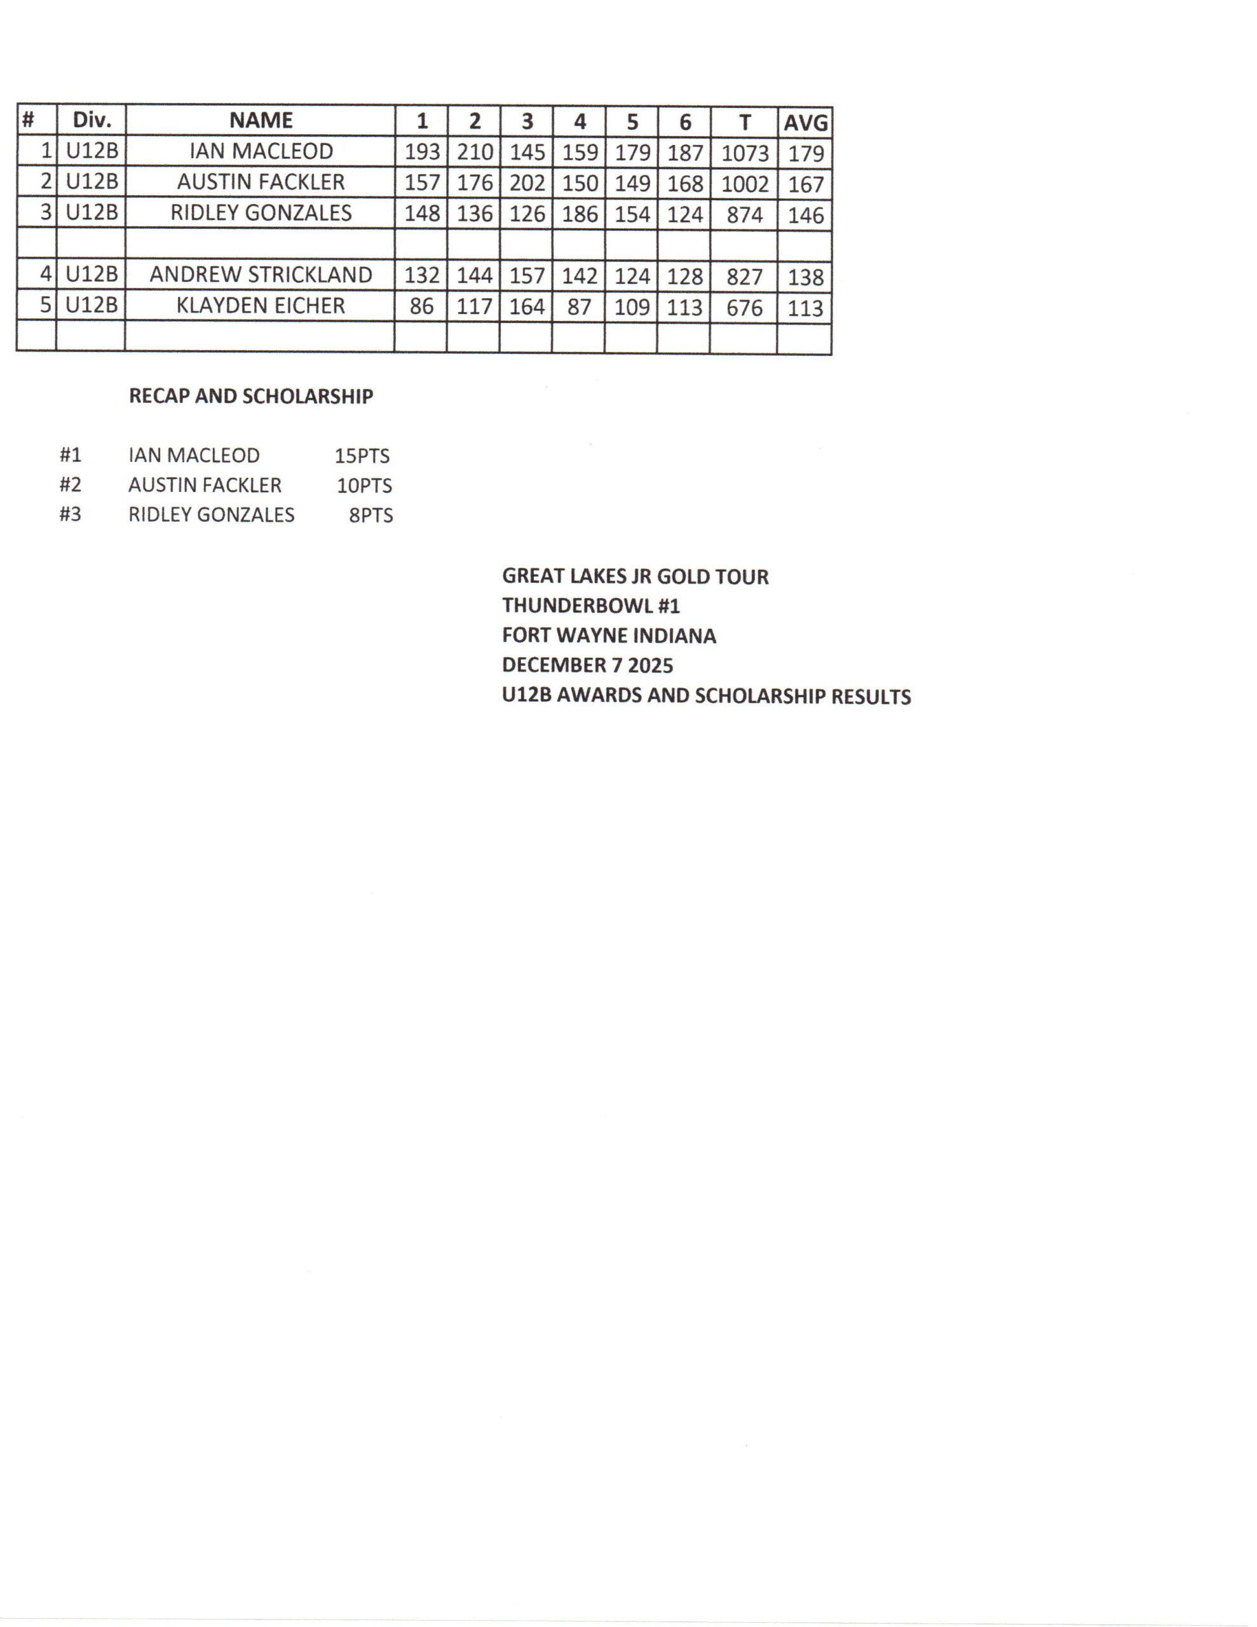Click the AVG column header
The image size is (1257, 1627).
[x=805, y=122]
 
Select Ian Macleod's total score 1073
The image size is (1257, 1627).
[x=744, y=153]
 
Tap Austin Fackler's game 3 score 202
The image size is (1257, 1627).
[x=527, y=183]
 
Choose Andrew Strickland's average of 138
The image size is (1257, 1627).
[x=805, y=277]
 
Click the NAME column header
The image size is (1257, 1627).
[x=261, y=121]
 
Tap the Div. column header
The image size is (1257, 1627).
[x=92, y=121]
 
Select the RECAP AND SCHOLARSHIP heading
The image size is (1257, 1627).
[x=250, y=397]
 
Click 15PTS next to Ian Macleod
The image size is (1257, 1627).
[x=362, y=456]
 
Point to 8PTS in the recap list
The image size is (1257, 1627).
[x=370, y=515]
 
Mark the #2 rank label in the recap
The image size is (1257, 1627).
[x=70, y=485]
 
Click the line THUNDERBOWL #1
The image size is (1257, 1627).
[x=591, y=606]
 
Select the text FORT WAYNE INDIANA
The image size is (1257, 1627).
[x=609, y=636]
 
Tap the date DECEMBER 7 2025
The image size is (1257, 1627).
[x=587, y=665]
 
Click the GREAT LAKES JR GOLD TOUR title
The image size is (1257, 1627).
[x=635, y=576]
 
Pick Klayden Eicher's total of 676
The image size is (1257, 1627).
[x=744, y=308]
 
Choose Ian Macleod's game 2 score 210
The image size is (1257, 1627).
[x=475, y=153]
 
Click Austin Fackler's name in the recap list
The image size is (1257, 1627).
[x=205, y=485]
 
